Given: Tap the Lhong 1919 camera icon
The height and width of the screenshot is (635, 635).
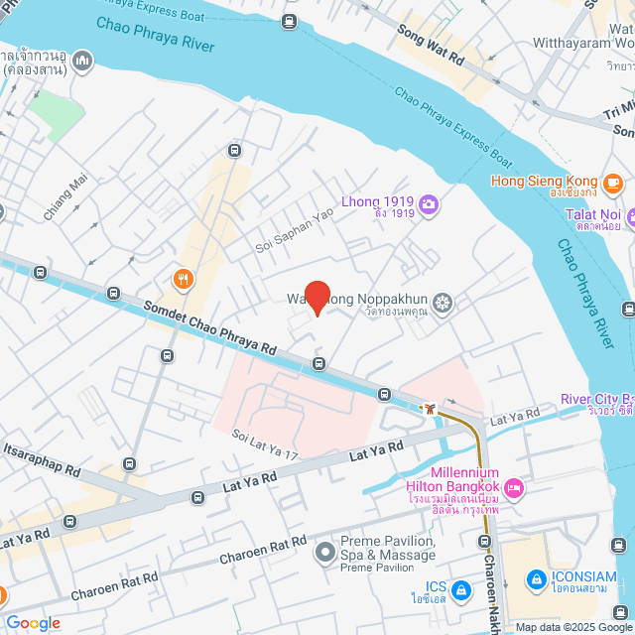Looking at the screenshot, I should click(x=429, y=204).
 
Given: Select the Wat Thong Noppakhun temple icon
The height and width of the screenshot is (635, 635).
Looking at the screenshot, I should click(x=444, y=302).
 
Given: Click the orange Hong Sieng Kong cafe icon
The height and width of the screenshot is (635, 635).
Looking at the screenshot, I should click(x=613, y=182).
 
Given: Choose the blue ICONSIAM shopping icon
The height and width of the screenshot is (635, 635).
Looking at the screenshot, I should click(x=536, y=577).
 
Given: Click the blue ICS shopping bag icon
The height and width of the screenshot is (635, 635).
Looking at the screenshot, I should click(x=460, y=591).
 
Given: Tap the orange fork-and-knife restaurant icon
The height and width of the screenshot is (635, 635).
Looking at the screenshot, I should click(x=182, y=280).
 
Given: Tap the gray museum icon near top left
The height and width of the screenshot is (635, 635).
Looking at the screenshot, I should click(x=80, y=62).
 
